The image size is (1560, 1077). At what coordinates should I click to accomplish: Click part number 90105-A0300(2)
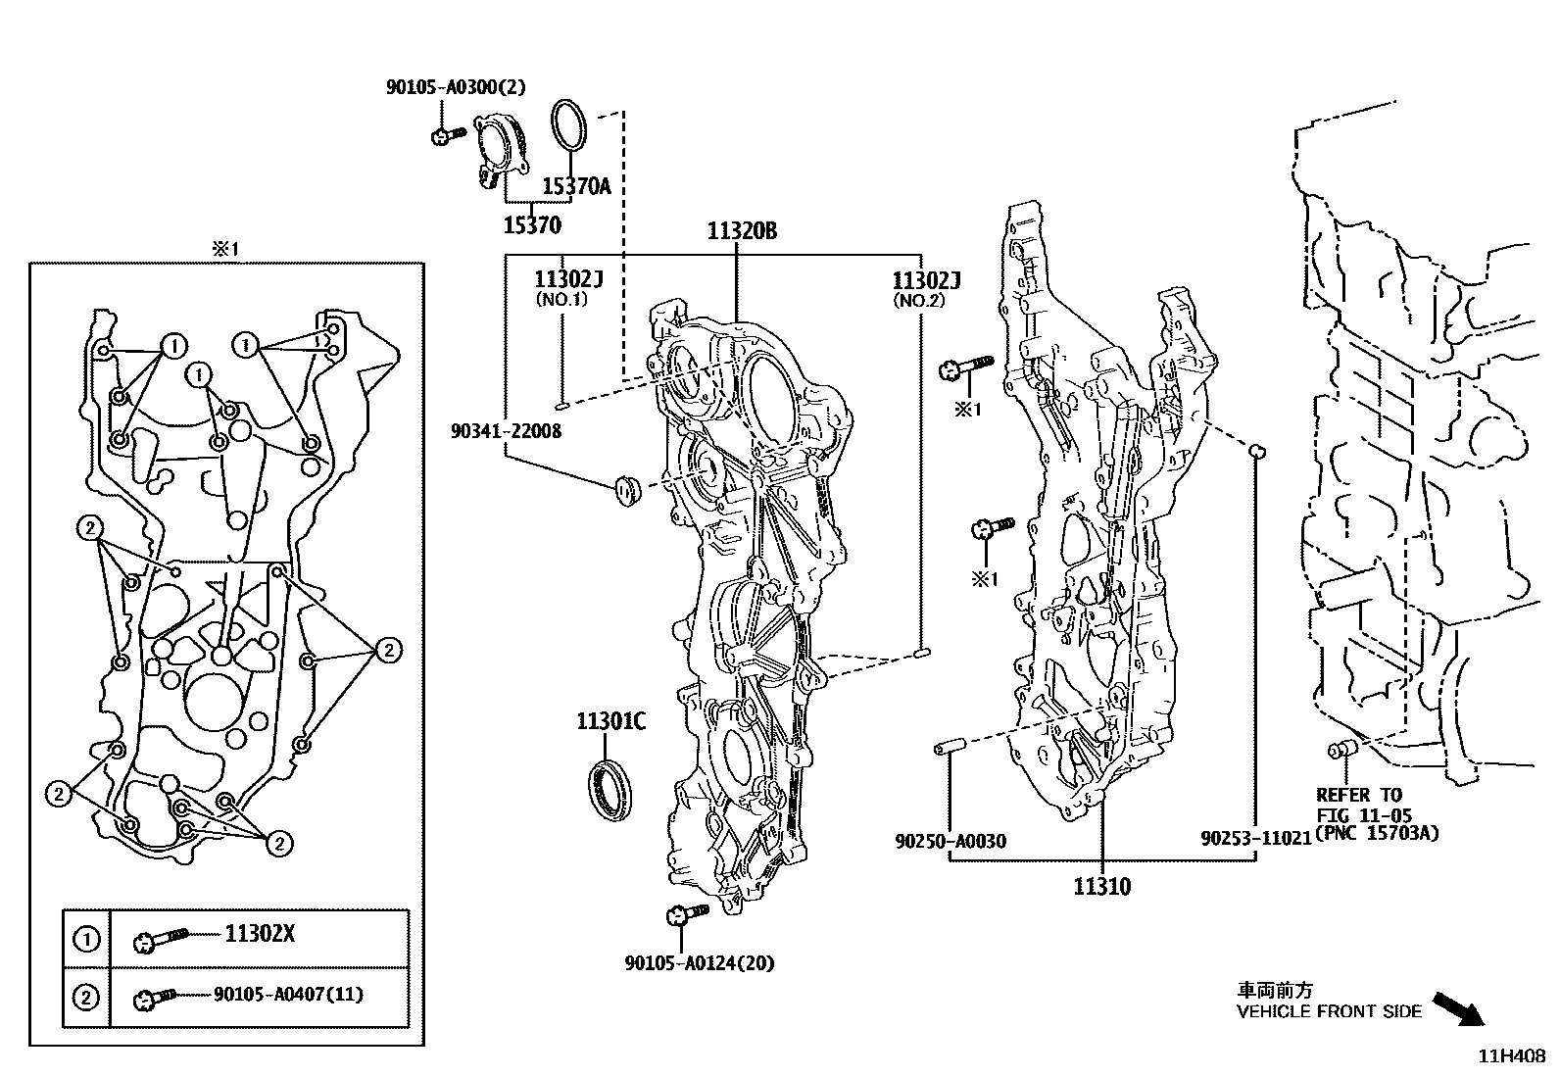point(456,87)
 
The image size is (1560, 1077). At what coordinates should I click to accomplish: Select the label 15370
point(532,226)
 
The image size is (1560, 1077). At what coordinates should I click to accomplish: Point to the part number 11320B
point(742,231)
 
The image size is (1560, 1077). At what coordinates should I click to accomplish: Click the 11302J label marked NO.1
point(568,280)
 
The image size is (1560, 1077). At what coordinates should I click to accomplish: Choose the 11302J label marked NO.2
point(926,281)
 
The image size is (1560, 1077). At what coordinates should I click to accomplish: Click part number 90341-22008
point(507,430)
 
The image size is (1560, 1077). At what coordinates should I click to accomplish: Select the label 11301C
point(610,722)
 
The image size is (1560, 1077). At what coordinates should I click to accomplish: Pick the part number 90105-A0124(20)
point(700,963)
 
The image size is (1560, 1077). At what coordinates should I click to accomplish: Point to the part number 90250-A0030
point(950,841)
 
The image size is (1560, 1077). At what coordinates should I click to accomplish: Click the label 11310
point(1101,887)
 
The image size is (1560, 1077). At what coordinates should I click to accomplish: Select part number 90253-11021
point(1255,840)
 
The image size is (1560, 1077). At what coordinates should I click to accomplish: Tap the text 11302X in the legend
point(260,934)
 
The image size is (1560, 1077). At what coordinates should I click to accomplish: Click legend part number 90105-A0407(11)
point(288,995)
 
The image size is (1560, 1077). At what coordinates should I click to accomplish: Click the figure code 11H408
point(1512,1056)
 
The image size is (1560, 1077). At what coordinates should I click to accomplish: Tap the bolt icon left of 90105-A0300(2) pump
point(447,134)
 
